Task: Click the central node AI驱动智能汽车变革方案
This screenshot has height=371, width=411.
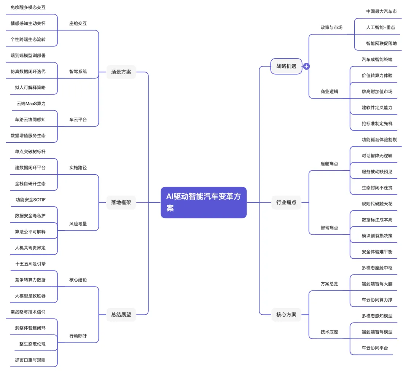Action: coord(204,202)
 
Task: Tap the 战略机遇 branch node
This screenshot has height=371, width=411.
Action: coord(286,66)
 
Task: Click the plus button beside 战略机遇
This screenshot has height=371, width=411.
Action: coord(306,66)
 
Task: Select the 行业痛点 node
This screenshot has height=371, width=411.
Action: coord(286,202)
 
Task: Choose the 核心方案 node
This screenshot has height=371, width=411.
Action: coord(286,314)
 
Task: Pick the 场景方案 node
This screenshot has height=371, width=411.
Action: coord(121,72)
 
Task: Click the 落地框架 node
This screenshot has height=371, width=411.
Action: coord(121,202)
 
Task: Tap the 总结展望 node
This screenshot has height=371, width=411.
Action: coord(121,314)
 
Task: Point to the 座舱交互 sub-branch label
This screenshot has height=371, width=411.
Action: coord(78,24)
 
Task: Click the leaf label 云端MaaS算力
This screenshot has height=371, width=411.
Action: coord(31,103)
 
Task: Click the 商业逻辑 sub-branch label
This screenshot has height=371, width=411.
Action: coord(329,92)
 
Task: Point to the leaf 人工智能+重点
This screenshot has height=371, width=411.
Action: coord(381,27)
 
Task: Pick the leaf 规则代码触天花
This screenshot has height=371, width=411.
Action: coord(377,204)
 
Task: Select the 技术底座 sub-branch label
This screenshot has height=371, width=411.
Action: coord(329,332)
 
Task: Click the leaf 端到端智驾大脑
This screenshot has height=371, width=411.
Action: coord(377,283)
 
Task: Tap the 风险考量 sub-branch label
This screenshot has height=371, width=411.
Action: coord(78,224)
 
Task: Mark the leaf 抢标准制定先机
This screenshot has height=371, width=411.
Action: coord(377,124)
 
